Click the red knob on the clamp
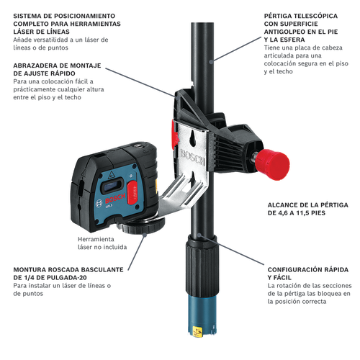tap(272, 161)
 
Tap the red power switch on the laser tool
tap(132, 193)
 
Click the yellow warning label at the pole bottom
tap(197, 331)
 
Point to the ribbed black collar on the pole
tap(202, 265)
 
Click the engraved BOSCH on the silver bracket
tap(192, 157)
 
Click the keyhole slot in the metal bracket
tap(192, 138)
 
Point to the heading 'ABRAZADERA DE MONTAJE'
tap(57, 66)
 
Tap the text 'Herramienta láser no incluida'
tap(102, 243)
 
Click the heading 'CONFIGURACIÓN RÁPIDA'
tap(308, 269)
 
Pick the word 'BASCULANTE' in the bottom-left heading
tap(103, 269)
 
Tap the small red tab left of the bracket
tap(174, 135)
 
